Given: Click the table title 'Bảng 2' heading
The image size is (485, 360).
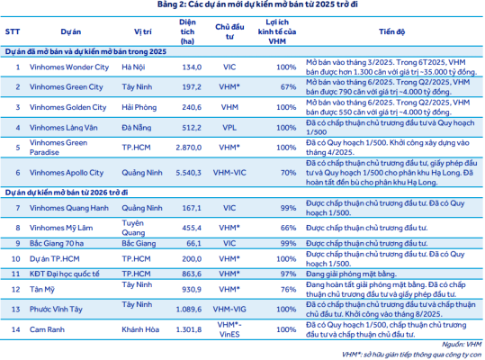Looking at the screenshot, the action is pyautogui.click(x=257, y=4).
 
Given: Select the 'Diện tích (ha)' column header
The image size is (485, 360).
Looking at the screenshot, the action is pyautogui.click(x=187, y=31).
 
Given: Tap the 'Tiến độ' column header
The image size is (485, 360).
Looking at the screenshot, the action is pyautogui.click(x=392, y=31).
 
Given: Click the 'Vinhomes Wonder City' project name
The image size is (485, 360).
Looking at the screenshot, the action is pyautogui.click(x=69, y=67).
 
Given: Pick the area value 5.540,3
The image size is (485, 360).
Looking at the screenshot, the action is pyautogui.click(x=188, y=173).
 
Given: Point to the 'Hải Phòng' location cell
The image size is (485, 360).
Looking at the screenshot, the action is pyautogui.click(x=139, y=107).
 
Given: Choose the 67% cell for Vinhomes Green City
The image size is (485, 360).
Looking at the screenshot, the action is pyautogui.click(x=288, y=87).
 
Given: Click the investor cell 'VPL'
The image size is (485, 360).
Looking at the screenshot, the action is pyautogui.click(x=229, y=128).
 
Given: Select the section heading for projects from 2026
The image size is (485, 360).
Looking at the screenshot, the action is pyautogui.click(x=67, y=193).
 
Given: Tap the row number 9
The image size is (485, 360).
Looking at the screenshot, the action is pyautogui.click(x=18, y=243).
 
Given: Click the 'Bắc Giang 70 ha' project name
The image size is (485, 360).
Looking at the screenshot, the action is pyautogui.click(x=57, y=243).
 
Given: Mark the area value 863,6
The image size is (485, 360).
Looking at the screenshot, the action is pyautogui.click(x=192, y=274).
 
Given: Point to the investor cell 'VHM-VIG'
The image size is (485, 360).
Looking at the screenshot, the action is pyautogui.click(x=229, y=309).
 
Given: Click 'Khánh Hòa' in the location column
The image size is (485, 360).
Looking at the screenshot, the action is pyautogui.click(x=140, y=329).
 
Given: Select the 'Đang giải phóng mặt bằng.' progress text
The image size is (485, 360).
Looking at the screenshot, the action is pyautogui.click(x=351, y=274).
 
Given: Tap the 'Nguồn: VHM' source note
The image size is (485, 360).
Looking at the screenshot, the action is pyautogui.click(x=462, y=344).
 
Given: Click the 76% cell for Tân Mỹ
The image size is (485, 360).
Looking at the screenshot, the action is pyautogui.click(x=288, y=289).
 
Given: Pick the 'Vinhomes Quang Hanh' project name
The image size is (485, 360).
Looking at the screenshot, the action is pyautogui.click(x=69, y=208).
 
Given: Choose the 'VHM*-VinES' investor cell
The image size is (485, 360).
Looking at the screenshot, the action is pyautogui.click(x=229, y=329).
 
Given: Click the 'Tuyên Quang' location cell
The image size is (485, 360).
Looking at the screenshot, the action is pyautogui.click(x=133, y=228).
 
